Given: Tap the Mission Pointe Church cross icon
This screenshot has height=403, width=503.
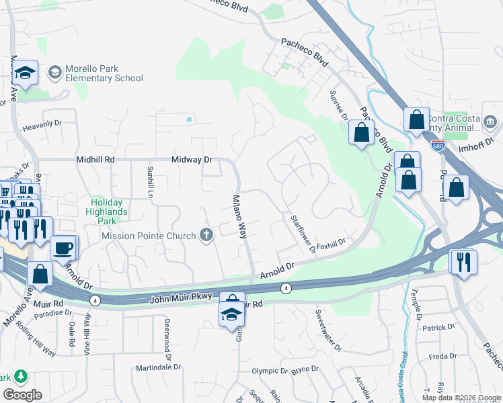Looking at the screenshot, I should pos(206,235).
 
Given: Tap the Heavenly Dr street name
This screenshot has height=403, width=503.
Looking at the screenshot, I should pos(42,124).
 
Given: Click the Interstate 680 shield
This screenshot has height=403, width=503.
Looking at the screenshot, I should pos(437,146).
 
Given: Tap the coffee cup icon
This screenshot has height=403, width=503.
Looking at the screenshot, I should pos(63,247).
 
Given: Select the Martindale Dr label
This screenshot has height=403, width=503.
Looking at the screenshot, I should pos(159,367).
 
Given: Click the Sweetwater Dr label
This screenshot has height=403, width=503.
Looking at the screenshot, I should pos(330,331).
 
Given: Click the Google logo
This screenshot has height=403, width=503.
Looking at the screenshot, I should pos(23,395).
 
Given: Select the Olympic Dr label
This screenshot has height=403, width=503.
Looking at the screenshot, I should pos(270,370).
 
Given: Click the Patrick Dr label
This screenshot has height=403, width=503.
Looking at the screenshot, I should pos(439,328).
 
